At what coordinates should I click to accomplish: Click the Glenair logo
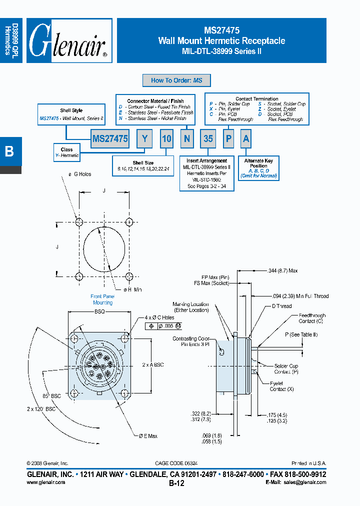[68, 40]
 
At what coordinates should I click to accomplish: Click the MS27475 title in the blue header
[221, 30]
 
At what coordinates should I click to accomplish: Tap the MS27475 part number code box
[110, 139]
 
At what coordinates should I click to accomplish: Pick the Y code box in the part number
[144, 139]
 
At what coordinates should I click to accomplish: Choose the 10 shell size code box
[166, 139]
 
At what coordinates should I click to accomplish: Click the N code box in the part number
[187, 139]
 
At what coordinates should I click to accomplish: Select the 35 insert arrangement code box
[208, 139]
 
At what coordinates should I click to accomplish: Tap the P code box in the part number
[228, 139]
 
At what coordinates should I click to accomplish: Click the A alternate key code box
[245, 139]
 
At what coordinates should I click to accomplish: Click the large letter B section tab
[9, 152]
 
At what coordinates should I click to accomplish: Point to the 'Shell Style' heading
[71, 110]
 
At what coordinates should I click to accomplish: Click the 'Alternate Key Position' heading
[258, 163]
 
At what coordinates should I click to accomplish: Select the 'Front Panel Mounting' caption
[102, 299]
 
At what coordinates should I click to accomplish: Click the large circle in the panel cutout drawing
[103, 249]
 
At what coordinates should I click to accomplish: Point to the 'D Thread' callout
[281, 306]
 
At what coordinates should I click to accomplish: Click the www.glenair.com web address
[45, 482]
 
